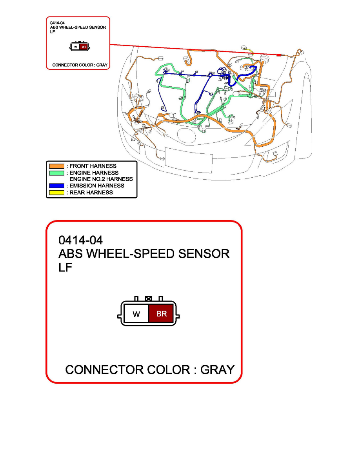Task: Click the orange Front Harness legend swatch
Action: (x=56, y=166)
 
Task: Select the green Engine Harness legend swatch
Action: (x=56, y=173)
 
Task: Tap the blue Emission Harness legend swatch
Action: (x=56, y=186)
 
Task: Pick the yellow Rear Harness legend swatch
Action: (x=56, y=193)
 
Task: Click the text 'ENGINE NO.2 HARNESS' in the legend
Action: (x=101, y=179)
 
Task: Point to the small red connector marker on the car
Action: (x=278, y=55)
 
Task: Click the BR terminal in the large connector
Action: (x=161, y=313)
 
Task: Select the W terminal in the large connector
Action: (x=136, y=313)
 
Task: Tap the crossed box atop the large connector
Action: (x=149, y=299)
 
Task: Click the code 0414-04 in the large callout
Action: (x=80, y=240)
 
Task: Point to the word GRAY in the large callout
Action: (x=217, y=370)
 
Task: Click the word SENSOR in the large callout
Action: (x=204, y=254)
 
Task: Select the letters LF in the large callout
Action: (x=65, y=268)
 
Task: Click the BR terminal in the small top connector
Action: (x=84, y=47)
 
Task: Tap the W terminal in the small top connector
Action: (x=76, y=47)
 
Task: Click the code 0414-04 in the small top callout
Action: (x=57, y=23)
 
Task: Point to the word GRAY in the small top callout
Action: (x=102, y=65)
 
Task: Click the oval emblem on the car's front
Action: (x=187, y=135)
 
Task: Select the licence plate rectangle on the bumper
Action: (x=189, y=160)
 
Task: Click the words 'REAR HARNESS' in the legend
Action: (x=91, y=193)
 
